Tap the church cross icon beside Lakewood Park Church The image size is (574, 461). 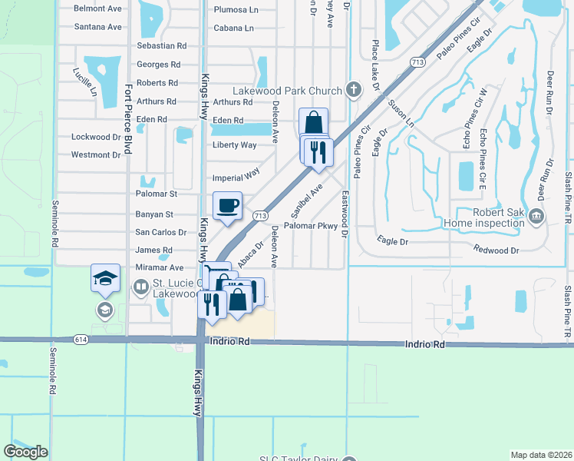pyautogui.click(x=354, y=91)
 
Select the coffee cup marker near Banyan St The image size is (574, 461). pyautogui.click(x=227, y=206)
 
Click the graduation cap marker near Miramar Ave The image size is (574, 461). pyautogui.click(x=106, y=278)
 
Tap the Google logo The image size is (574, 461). pyautogui.click(x=25, y=451)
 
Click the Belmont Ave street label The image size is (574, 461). pyautogui.click(x=97, y=9)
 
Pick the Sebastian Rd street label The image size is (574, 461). pyautogui.click(x=162, y=46)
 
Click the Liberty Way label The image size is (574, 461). pyautogui.click(x=235, y=145)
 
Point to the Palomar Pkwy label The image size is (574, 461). pyautogui.click(x=311, y=226)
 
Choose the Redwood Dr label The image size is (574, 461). pyautogui.click(x=496, y=250)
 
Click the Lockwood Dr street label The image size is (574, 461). pyautogui.click(x=96, y=137)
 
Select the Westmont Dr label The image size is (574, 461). pyautogui.click(x=96, y=154)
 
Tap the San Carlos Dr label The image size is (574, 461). pyautogui.click(x=161, y=232)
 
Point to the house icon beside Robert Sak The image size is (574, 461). pyautogui.click(x=537, y=218)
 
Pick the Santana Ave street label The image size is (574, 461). pyautogui.click(x=98, y=27)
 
